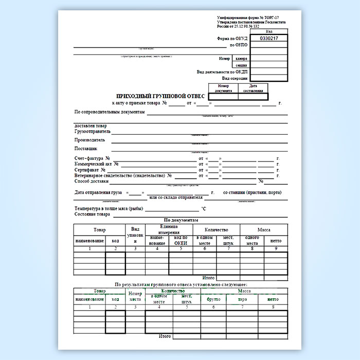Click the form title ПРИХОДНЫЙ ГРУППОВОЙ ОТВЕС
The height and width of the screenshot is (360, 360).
click(161, 96)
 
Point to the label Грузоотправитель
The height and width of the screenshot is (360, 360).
click(93, 131)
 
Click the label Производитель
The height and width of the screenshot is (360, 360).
click(90, 139)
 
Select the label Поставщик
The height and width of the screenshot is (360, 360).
click(86, 148)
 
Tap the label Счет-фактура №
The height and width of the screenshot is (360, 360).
click(93, 158)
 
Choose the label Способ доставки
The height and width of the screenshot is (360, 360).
click(92, 182)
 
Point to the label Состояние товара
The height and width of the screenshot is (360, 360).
click(93, 214)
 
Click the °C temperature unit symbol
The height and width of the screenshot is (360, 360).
click(204, 209)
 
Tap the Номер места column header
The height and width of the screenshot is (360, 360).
click(135, 296)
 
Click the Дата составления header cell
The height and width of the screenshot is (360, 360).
click(254, 88)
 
